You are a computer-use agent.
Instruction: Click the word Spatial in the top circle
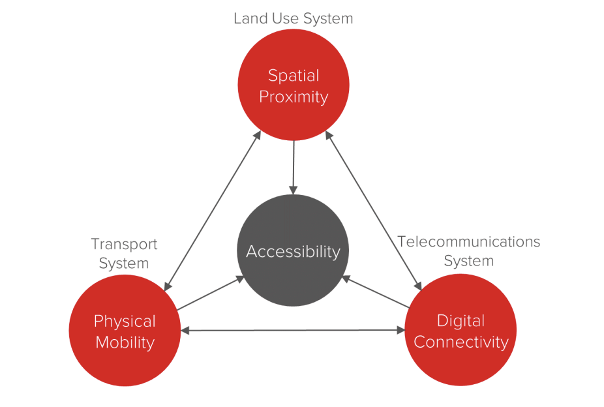point(294,76)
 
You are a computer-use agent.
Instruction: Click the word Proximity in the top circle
point(294,97)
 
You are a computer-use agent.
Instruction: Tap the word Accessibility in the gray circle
point(293,251)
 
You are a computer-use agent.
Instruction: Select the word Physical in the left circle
point(125,321)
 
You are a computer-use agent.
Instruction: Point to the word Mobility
point(125,342)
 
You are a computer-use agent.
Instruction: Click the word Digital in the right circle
point(461,321)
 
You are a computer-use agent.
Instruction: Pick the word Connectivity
point(461,342)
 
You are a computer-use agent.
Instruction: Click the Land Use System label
point(293,19)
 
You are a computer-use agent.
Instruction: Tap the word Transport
point(124,244)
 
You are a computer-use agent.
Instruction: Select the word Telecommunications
point(469,242)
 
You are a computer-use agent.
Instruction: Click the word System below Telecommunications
point(468,261)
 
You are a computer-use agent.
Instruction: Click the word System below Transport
point(124,264)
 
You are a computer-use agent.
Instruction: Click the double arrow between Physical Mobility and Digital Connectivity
point(293,331)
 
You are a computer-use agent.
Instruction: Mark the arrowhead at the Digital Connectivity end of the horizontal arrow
point(401,331)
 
